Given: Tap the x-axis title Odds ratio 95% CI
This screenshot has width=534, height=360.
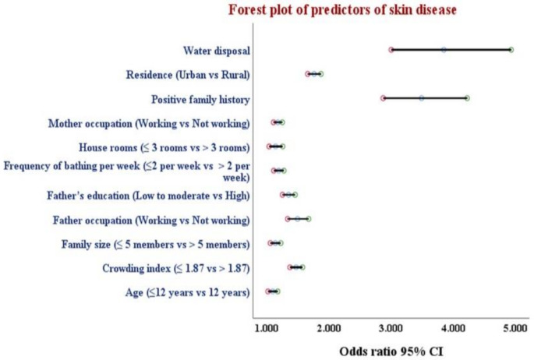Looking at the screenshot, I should [x=391, y=350].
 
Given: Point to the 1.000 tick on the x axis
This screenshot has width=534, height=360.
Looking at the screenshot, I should [x=267, y=329].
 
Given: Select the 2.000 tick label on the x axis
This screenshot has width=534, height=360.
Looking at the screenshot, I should [x=329, y=329].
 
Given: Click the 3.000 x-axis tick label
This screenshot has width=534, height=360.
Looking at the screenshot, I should [x=391, y=329].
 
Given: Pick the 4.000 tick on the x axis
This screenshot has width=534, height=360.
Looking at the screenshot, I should [x=453, y=329].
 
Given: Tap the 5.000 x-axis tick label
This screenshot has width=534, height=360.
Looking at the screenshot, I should [x=515, y=329].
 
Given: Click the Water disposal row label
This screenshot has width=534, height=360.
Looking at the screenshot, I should [x=216, y=51].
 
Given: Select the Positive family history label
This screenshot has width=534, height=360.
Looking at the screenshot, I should [x=200, y=99].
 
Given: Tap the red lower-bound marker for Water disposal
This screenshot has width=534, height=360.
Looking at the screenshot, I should [x=391, y=50].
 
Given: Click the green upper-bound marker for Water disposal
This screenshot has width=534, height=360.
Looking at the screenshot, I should [x=511, y=50].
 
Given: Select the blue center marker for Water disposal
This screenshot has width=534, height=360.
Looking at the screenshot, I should [x=444, y=50].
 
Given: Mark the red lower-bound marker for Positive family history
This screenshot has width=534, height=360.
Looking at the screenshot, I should [x=383, y=98].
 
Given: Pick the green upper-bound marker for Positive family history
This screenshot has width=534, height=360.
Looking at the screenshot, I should [x=467, y=98].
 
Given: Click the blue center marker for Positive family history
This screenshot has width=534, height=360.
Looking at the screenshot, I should [x=422, y=98].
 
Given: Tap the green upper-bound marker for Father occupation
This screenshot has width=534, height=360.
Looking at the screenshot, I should [x=309, y=219].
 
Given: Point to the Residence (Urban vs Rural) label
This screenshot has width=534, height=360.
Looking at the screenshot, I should [x=187, y=75].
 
